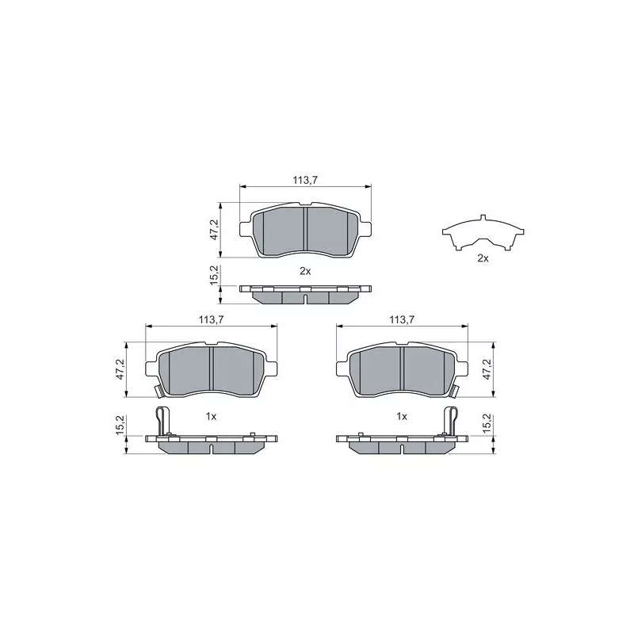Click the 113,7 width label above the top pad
tap(305, 181)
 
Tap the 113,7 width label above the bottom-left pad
tap(211, 319)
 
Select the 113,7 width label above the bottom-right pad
tap(402, 319)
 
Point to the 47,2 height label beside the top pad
tap(214, 230)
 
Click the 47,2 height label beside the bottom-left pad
tap(120, 369)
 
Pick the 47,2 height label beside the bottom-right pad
tap(487, 369)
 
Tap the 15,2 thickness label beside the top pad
tap(214, 275)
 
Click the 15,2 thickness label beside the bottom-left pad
tap(120, 425)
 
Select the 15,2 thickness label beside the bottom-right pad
tap(487, 425)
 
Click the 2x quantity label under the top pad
tap(305, 271)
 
